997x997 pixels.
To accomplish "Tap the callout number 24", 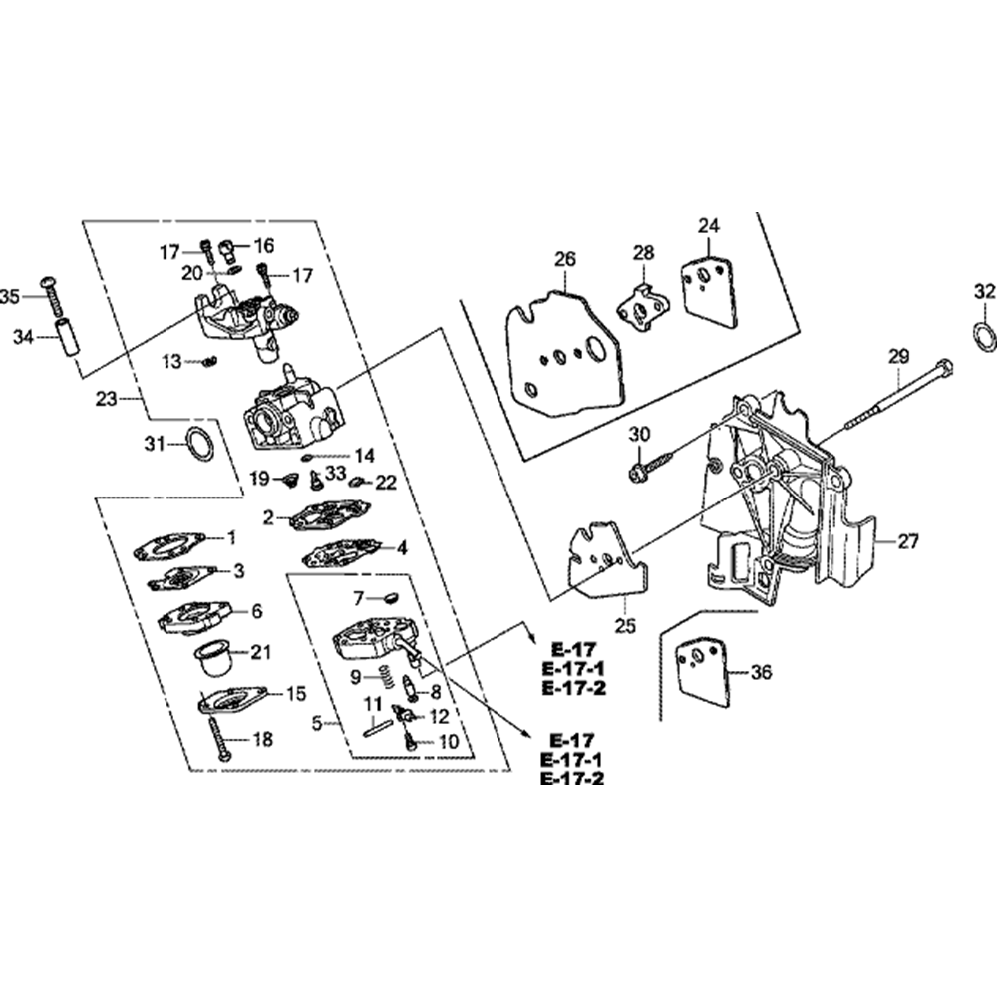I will (708, 226).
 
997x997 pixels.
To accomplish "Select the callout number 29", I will (898, 355).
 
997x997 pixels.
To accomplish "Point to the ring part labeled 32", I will (983, 336).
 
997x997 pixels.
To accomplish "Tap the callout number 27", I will (908, 542).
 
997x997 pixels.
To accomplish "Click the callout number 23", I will (107, 399).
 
